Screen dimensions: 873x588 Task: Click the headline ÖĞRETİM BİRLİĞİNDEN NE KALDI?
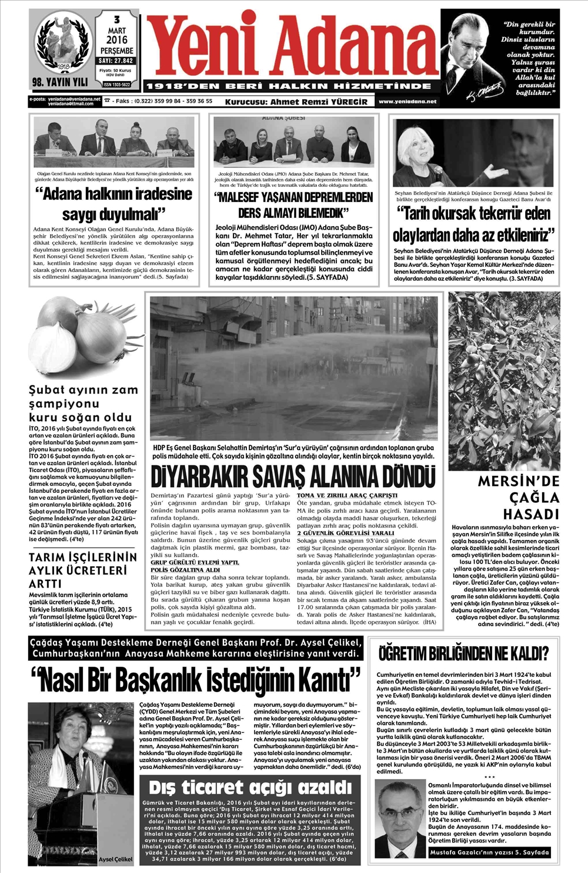(x=464, y=653)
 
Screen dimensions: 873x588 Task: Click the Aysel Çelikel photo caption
(x=115, y=859)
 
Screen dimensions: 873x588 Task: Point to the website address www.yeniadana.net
(x=408, y=102)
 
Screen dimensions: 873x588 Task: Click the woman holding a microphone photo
(x=473, y=153)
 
